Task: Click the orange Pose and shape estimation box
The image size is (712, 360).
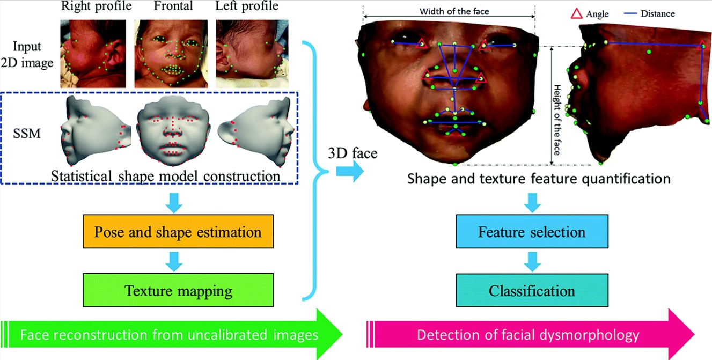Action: [178, 231]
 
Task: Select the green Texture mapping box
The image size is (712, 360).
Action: [178, 290]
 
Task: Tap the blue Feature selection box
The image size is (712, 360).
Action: [532, 231]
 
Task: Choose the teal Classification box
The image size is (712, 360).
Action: [532, 290]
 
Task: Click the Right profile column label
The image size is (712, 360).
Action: [97, 6]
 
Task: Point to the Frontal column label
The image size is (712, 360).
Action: [173, 6]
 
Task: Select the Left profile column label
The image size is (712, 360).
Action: [247, 6]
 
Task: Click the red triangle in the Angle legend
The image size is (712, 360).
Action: [576, 13]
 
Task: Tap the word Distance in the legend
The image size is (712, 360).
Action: [658, 13]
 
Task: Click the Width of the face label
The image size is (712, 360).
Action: [454, 11]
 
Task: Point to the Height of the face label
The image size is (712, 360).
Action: [557, 120]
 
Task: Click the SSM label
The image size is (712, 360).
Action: [27, 134]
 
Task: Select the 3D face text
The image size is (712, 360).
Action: [353, 153]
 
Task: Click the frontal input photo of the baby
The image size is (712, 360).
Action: [171, 53]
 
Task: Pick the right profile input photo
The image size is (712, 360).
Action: [93, 53]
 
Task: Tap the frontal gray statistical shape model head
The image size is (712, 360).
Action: [173, 131]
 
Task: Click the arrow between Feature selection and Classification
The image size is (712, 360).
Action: [532, 261]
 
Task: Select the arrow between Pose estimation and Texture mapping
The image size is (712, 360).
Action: [174, 261]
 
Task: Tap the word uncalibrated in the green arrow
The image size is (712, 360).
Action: [227, 335]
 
